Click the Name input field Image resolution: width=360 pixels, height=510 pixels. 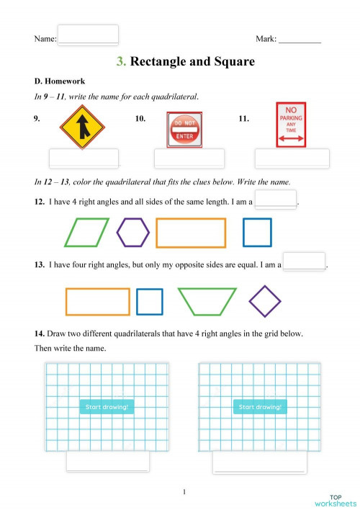pos(88,35)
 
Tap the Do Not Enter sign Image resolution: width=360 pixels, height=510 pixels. pos(184,129)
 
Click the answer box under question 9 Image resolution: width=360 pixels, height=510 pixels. pos(83,158)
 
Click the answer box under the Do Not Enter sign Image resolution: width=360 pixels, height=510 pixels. pos(189,158)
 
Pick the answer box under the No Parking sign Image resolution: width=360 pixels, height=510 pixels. pos(292,158)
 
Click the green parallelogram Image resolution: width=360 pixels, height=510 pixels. pos(86,233)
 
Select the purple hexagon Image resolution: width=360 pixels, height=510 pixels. pos(133,232)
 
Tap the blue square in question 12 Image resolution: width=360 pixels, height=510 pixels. pos(257,232)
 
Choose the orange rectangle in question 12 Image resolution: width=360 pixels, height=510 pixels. pos(191,233)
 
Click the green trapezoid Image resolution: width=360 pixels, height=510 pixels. pos(207,302)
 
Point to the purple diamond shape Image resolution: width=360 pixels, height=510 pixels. pos(264,301)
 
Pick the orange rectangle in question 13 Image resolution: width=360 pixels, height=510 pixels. pos(97,302)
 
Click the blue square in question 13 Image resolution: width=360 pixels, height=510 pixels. pos(150,302)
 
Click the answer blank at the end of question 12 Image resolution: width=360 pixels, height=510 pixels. pos(276,199)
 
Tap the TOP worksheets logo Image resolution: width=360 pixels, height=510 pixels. pos(335,501)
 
